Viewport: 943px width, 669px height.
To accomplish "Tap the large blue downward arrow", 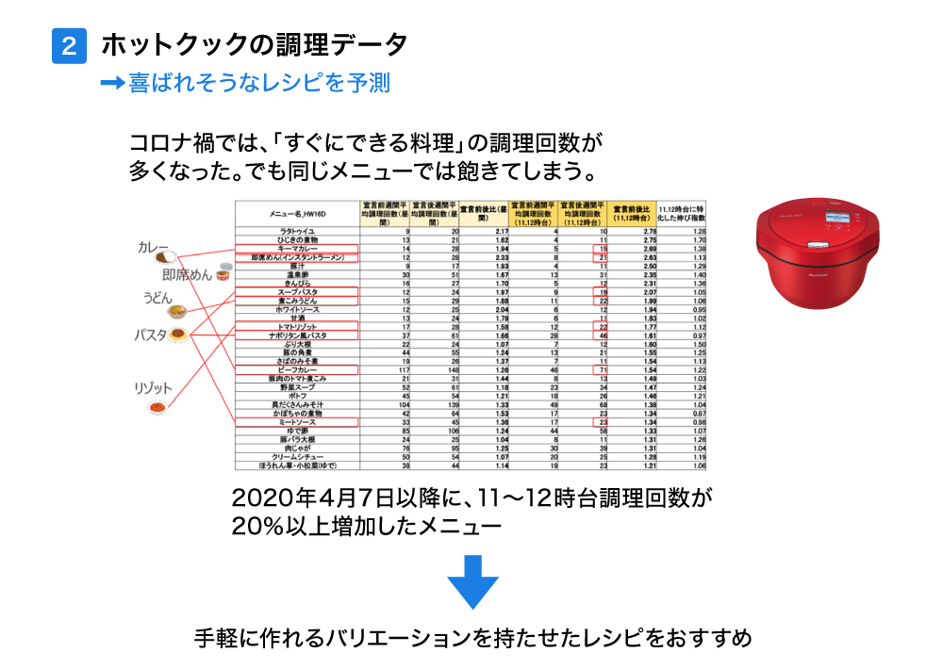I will coord(471,581).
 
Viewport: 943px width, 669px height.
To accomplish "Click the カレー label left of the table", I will coord(153,248).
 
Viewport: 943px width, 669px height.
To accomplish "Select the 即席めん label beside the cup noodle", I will coord(187,275).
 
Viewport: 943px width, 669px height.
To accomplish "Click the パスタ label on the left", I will coord(150,334).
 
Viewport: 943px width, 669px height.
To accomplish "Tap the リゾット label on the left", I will coord(154,388).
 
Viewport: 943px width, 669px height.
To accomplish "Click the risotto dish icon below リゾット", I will coord(162,408).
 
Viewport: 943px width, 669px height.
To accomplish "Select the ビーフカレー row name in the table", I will coord(297,369).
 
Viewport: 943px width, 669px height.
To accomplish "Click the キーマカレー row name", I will coord(297,248).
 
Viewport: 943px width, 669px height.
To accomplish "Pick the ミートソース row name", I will coord(297,422).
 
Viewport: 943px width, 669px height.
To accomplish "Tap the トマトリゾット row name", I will coord(297,326).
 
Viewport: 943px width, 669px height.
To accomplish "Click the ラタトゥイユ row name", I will coord(297,231).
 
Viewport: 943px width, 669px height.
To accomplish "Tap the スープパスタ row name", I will coord(297,292).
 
